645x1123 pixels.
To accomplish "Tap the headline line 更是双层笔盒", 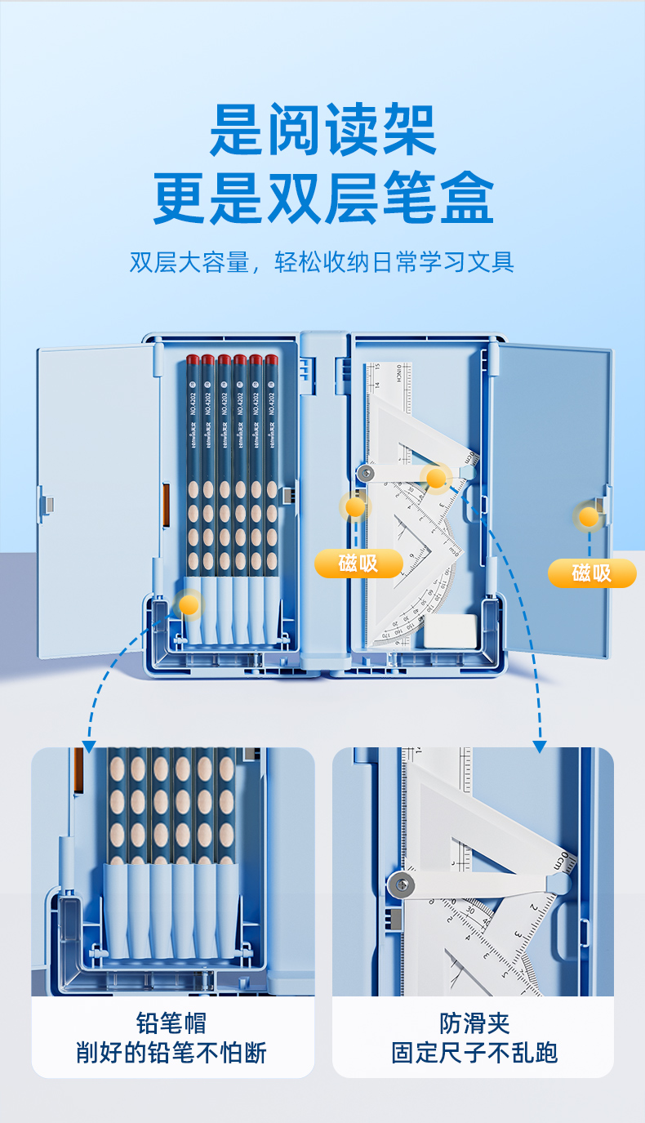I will coord(322,198).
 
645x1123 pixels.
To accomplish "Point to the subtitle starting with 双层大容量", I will coord(322,262).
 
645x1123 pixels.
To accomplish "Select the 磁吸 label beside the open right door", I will coord(591,573).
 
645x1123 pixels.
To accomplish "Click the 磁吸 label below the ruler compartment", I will coord(358,563).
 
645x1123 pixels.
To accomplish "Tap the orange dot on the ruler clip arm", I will coord(437,478).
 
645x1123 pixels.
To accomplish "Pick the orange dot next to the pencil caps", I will coord(189,604).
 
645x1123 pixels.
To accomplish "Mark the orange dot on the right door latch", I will coord(588,516).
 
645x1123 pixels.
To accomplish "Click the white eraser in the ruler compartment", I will coord(451,629).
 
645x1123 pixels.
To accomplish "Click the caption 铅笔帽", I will coord(171,1023).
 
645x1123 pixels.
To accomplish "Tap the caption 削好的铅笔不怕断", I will coord(171,1053).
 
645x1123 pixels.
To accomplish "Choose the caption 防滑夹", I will coord(474,1023).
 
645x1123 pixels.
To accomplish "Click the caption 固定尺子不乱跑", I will coord(474,1053).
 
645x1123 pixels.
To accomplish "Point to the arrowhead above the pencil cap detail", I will coord(89,746).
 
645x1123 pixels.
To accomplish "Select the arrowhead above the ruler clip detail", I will coord(539,746).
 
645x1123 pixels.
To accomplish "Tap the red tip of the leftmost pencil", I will coord(192,359).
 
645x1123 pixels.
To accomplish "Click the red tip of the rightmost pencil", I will coord(271,359).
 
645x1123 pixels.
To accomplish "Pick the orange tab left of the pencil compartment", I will coord(166,506).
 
